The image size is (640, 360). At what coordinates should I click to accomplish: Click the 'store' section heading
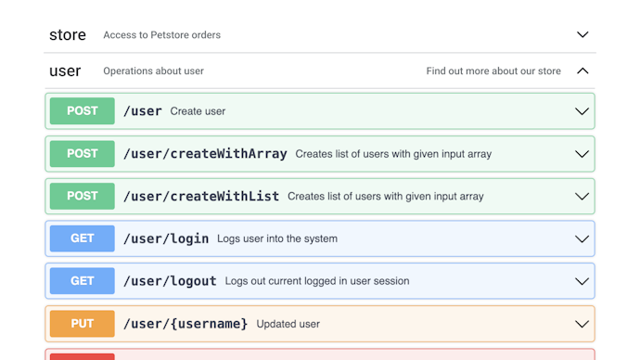(x=68, y=35)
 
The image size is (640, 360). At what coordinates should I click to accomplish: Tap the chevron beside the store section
(x=582, y=35)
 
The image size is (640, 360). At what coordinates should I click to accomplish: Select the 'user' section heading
(x=65, y=71)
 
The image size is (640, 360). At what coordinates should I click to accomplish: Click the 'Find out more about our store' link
(x=493, y=71)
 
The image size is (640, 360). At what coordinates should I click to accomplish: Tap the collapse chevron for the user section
(x=582, y=71)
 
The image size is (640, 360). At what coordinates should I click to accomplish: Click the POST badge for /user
(x=83, y=111)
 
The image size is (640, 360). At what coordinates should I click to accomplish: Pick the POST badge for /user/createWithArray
(x=83, y=154)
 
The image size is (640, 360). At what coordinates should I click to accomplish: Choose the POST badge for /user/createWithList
(x=83, y=197)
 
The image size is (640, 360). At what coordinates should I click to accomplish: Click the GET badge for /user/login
(x=83, y=238)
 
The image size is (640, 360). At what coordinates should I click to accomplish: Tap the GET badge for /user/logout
(x=83, y=281)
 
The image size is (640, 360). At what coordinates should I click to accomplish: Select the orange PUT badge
(x=83, y=324)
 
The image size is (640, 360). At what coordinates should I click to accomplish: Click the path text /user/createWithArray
(x=205, y=154)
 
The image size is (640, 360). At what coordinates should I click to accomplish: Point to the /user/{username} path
(x=186, y=324)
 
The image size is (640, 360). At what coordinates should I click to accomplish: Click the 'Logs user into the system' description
(x=277, y=238)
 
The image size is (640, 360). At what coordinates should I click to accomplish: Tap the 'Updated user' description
(x=288, y=324)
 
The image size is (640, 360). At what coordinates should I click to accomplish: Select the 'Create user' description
(x=198, y=111)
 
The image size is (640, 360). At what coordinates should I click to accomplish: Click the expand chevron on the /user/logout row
(x=582, y=281)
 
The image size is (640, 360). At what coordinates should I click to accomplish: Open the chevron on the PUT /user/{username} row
(x=582, y=324)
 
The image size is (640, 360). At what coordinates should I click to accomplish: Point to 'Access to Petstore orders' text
(x=162, y=35)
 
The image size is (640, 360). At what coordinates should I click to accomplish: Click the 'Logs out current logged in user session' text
(x=317, y=281)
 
